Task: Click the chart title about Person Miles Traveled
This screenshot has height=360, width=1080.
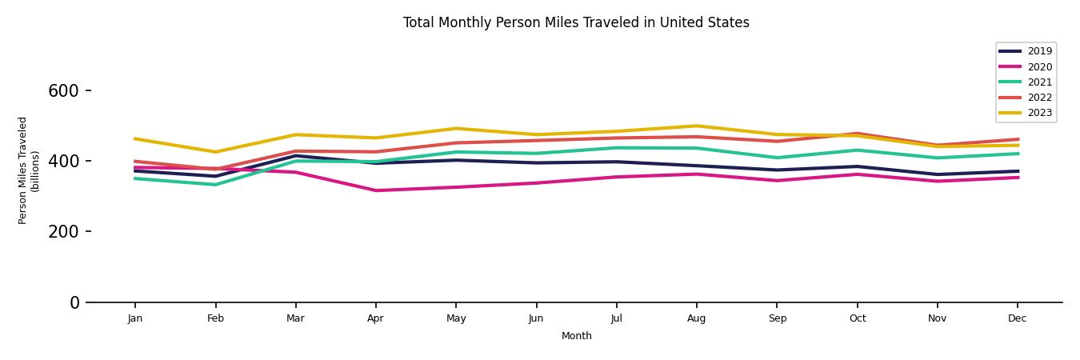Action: click(576, 22)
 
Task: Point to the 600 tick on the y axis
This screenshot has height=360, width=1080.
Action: click(63, 91)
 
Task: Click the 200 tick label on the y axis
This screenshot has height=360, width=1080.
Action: click(63, 232)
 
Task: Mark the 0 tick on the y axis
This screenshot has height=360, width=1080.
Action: click(74, 302)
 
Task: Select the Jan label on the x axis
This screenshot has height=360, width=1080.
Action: click(135, 318)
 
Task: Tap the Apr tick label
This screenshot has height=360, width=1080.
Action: click(375, 318)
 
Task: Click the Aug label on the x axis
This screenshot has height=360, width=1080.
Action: click(696, 318)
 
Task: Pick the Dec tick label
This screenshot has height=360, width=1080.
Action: click(1017, 318)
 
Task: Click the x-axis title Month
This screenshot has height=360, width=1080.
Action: click(576, 336)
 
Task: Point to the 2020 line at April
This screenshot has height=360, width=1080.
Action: click(375, 190)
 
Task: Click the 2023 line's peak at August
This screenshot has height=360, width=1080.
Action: click(696, 126)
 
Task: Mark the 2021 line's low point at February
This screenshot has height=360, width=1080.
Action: click(215, 185)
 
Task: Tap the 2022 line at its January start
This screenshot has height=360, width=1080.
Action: click(135, 161)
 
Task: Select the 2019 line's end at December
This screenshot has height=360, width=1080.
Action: click(1017, 171)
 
